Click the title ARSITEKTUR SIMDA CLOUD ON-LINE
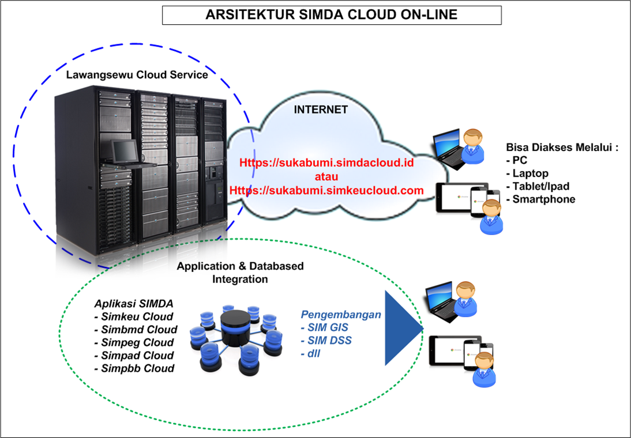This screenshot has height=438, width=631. pos(331,15)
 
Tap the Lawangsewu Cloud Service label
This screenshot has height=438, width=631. pos(137,75)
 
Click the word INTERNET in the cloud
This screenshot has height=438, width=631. pos(321,109)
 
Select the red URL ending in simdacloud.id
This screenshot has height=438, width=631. pos(326,163)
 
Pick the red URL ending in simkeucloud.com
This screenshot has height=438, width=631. pos(326,190)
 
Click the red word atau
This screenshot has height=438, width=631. pos(326,176)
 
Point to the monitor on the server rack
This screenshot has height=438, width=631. pos(125,152)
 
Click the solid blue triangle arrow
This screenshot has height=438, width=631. pos(403,328)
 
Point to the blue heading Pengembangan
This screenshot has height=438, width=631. pos(341,315)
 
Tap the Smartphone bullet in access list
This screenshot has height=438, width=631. pos(540,199)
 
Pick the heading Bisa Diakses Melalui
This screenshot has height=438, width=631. pos(562,147)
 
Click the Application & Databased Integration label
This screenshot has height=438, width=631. pos(240,273)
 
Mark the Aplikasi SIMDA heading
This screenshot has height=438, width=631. pos(133,303)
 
